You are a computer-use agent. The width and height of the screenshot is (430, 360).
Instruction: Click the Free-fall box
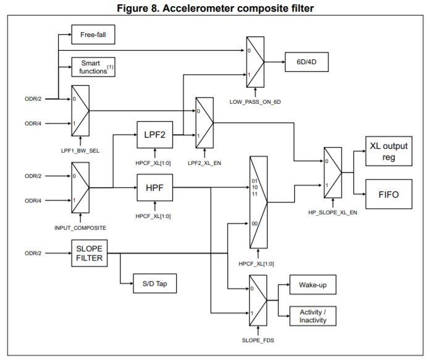click(93, 35)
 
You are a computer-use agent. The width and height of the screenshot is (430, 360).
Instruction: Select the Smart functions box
click(93, 67)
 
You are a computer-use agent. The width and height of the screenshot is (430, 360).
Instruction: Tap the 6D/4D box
click(306, 62)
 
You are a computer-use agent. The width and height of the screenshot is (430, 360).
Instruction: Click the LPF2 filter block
click(155, 135)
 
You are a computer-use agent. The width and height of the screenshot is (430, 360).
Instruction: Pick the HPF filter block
click(155, 188)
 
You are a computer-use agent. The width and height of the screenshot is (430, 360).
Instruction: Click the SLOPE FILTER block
click(90, 253)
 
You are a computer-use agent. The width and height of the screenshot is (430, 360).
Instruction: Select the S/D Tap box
click(154, 283)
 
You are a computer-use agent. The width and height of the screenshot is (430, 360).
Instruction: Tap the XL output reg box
click(389, 151)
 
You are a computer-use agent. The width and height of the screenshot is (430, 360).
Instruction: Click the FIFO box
click(389, 194)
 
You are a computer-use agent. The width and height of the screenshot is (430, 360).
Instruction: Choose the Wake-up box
click(313, 285)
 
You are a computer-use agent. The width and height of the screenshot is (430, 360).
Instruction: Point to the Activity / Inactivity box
click(313, 316)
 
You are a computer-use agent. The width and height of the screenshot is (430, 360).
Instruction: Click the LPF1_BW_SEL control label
click(80, 151)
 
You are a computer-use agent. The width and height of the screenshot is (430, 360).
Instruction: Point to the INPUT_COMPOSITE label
click(80, 228)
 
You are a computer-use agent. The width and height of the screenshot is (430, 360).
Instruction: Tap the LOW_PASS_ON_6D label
click(255, 102)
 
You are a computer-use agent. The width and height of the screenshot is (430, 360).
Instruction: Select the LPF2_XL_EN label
click(204, 163)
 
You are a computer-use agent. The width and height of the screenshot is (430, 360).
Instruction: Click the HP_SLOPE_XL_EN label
click(332, 212)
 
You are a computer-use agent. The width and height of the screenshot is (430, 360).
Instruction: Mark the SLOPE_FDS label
click(258, 340)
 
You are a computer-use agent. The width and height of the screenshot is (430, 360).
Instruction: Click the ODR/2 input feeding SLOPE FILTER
click(33, 253)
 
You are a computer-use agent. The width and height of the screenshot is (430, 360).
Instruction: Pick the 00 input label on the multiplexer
click(255, 224)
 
